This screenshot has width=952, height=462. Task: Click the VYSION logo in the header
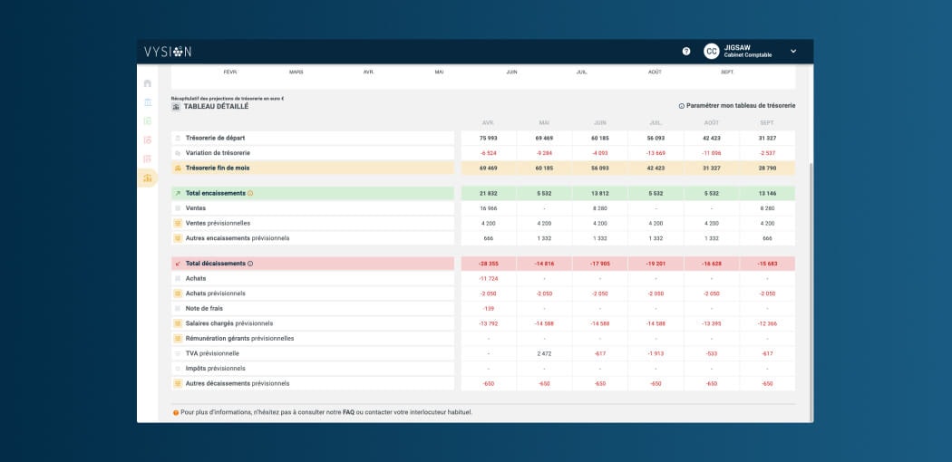click(168, 52)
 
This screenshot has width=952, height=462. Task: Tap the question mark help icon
click(686, 52)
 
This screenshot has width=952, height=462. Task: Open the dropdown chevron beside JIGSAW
click(793, 52)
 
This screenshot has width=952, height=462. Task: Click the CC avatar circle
click(712, 52)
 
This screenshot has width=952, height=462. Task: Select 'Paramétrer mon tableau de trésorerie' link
click(741, 106)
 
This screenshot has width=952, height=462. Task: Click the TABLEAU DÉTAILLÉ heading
click(216, 106)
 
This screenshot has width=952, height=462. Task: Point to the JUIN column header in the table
click(599, 122)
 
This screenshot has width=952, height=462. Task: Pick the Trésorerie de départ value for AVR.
click(489, 138)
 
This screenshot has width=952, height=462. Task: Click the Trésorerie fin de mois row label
click(217, 168)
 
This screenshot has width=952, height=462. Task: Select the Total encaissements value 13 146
click(767, 193)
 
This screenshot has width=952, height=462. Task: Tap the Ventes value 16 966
click(489, 208)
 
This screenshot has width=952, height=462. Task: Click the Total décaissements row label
click(215, 264)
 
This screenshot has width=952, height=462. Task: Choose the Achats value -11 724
click(489, 278)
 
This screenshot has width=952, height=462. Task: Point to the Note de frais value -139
click(489, 308)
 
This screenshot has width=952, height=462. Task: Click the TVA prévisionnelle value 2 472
click(544, 353)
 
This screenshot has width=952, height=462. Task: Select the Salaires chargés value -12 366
click(767, 323)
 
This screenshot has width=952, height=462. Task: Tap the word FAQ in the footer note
click(348, 413)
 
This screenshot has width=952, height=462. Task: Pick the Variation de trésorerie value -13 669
click(656, 153)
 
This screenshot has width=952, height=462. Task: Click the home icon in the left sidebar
click(148, 83)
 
